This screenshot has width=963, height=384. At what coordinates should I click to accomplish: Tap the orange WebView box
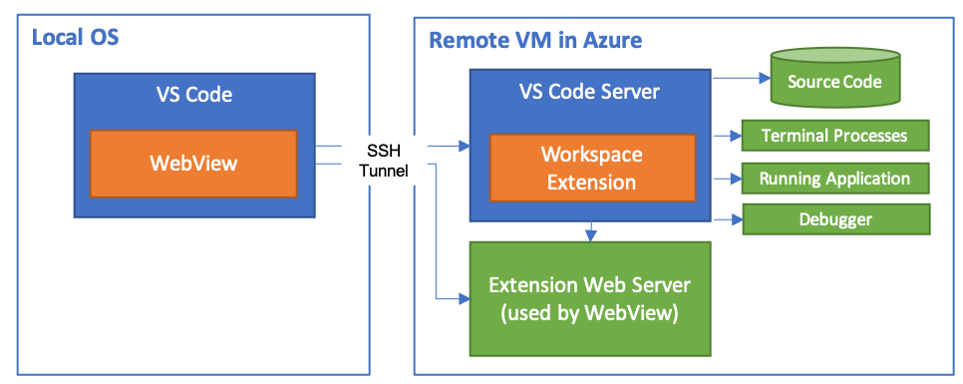pyautogui.click(x=193, y=163)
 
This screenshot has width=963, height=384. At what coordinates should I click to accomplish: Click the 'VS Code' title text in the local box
pyautogui.click(x=193, y=96)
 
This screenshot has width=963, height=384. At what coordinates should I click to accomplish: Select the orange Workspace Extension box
pyautogui.click(x=591, y=168)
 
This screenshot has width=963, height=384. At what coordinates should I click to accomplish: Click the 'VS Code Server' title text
pyautogui.click(x=590, y=92)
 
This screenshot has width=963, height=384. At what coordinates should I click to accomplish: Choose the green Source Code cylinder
pyautogui.click(x=833, y=82)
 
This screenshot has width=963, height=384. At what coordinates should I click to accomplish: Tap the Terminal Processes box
pyautogui.click(x=835, y=135)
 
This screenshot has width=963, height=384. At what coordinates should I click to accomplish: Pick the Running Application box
pyautogui.click(x=835, y=179)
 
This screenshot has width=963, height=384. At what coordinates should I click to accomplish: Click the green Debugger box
pyautogui.click(x=835, y=218)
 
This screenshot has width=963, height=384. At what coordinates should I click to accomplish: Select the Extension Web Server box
pyautogui.click(x=590, y=298)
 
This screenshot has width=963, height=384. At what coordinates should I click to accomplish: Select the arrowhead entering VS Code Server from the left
pyautogui.click(x=465, y=147)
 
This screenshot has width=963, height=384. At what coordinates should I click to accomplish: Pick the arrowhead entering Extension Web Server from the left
pyautogui.click(x=465, y=297)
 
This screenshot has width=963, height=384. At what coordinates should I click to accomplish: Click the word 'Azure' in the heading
pyautogui.click(x=610, y=40)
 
